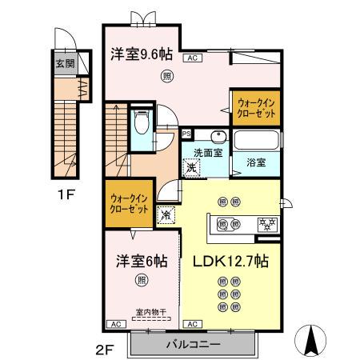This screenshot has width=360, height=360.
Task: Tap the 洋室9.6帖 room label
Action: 140,54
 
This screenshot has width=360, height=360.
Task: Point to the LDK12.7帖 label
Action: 230,261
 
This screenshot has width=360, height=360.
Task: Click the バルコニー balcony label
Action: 194,344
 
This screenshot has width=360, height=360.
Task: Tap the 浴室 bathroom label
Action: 255,162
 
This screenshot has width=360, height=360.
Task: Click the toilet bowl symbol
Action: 141,122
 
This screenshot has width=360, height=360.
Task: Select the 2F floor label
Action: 111,349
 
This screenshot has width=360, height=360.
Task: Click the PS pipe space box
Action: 186,134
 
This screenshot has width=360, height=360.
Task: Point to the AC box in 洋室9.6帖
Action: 193,58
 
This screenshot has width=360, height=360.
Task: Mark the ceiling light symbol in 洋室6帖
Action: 142,280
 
